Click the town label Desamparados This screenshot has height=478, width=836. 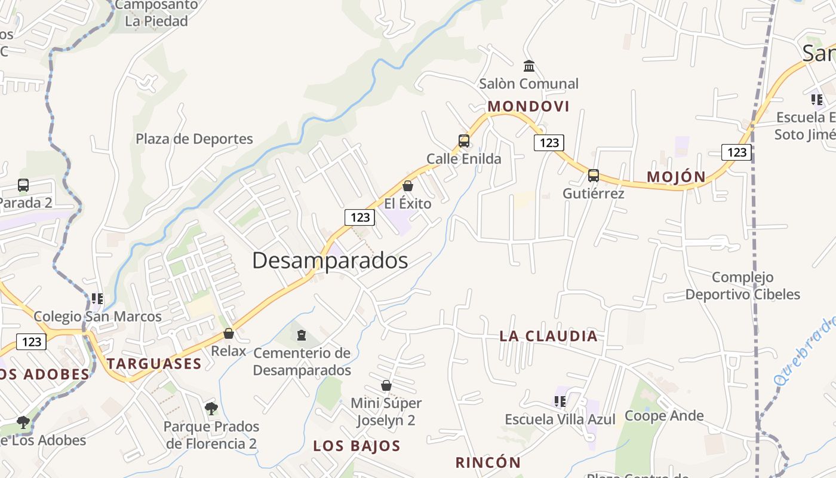(x=330, y=261)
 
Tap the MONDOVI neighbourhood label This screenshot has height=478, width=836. (x=528, y=106)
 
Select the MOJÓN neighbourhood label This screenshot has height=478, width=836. (x=676, y=177)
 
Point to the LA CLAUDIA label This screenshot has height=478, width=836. (x=548, y=336)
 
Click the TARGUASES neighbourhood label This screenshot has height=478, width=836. (x=154, y=363)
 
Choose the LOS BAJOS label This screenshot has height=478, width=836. (x=356, y=446)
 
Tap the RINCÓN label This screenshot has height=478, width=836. (x=488, y=462)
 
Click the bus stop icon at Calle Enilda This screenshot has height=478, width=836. (x=464, y=141)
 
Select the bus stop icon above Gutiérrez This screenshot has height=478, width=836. (x=593, y=176)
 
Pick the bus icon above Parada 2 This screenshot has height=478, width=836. (x=23, y=185)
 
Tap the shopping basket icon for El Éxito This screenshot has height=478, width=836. (x=408, y=186)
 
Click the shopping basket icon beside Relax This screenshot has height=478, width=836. (x=229, y=333)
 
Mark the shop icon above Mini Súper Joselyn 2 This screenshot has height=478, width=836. (x=386, y=385)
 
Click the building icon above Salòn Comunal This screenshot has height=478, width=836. (x=528, y=66)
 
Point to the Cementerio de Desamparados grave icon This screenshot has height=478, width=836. (x=302, y=335)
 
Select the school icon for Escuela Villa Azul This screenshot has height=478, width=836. (x=560, y=401)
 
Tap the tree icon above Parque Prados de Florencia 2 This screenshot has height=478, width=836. (x=211, y=409)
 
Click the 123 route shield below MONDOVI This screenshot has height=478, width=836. (x=549, y=142)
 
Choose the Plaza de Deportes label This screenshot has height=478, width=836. (x=194, y=139)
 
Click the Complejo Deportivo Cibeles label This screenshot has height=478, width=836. (x=742, y=286)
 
